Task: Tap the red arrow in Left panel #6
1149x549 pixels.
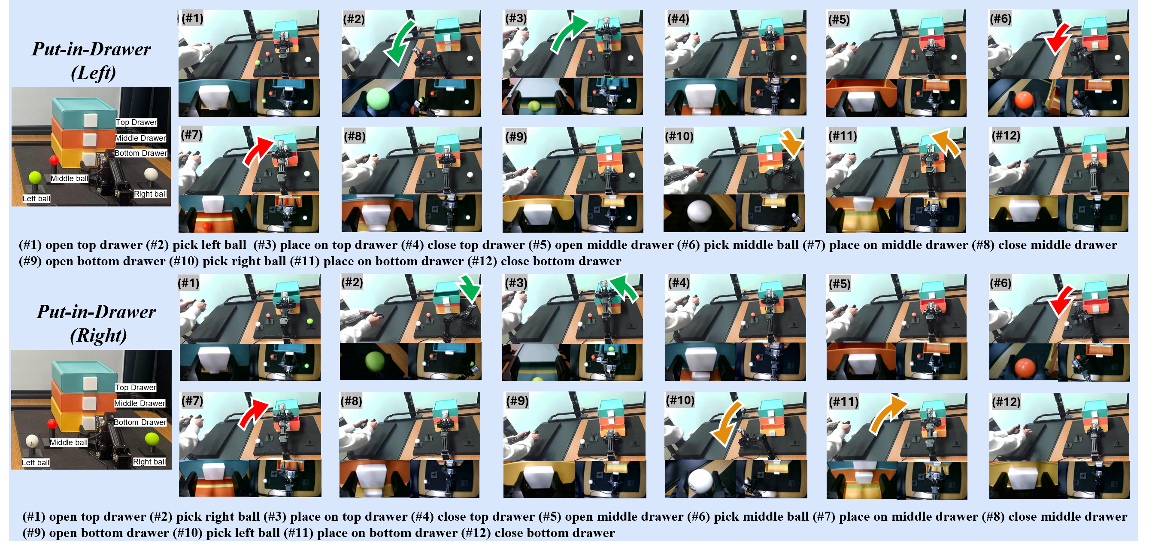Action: [x=1058, y=39]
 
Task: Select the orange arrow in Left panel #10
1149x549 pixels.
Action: [x=791, y=143]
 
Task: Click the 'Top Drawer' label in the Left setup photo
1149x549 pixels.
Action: [x=136, y=122]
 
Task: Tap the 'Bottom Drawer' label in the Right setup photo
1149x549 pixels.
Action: [x=139, y=422]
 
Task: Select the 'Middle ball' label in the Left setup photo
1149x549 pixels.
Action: [x=69, y=179]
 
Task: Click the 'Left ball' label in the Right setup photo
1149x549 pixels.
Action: [x=36, y=462]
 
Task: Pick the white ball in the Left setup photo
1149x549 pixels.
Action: [x=151, y=174]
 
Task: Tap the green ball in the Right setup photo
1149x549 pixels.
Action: [x=152, y=438]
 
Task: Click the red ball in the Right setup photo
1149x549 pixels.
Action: [x=52, y=423]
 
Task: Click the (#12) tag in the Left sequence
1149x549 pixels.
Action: [x=1005, y=136]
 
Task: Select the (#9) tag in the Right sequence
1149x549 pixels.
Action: [x=517, y=401]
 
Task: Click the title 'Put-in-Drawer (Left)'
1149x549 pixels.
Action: [x=92, y=60]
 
